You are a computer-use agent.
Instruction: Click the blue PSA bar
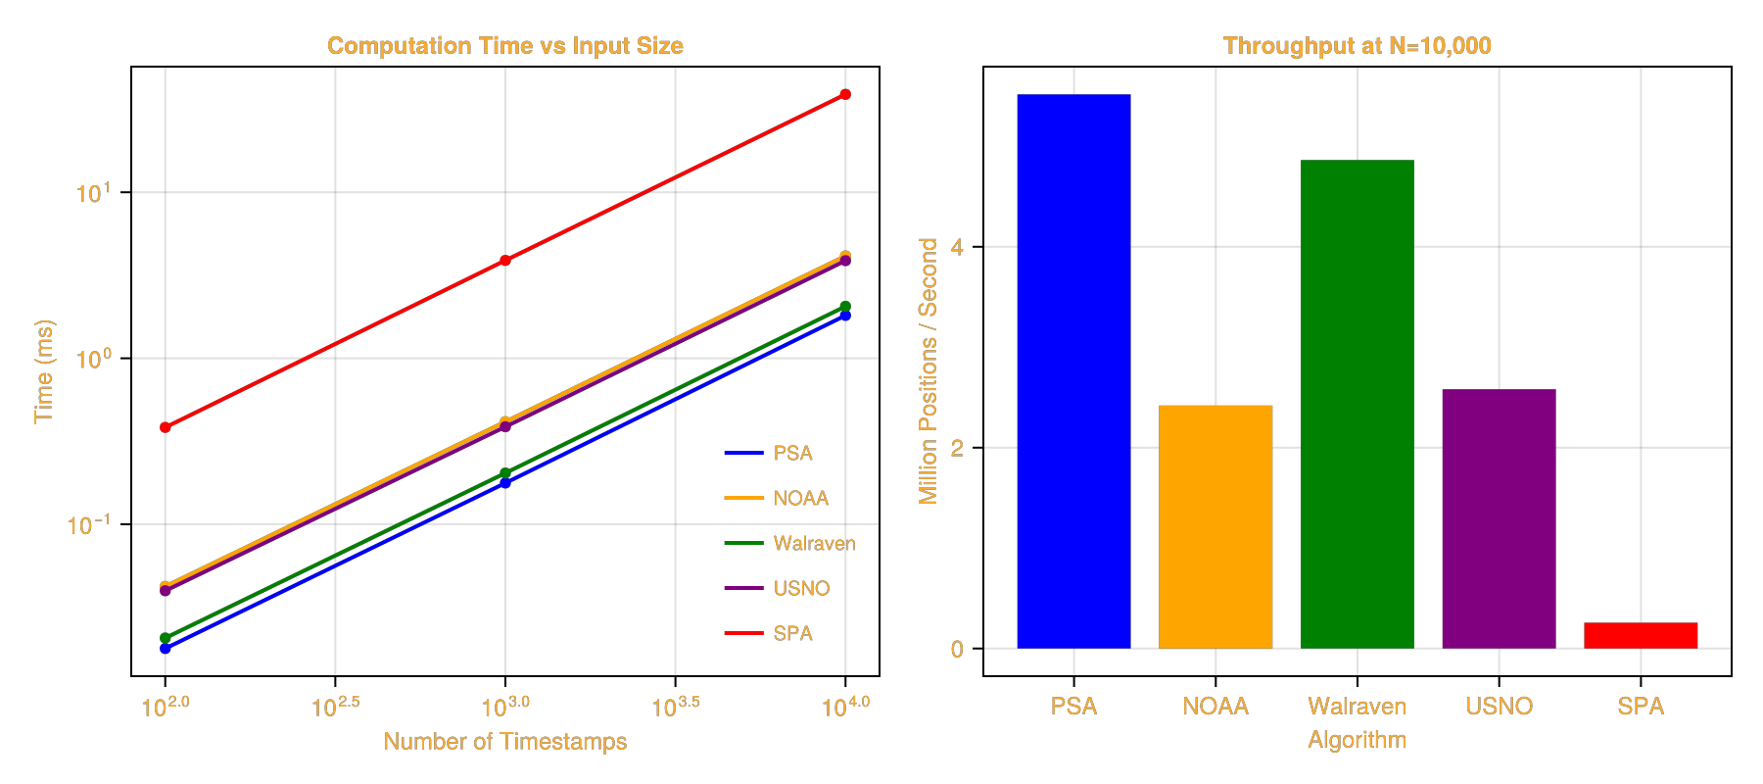click(x=1073, y=372)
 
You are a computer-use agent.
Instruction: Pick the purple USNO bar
click(x=1499, y=519)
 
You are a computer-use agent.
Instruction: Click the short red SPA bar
click(x=1641, y=636)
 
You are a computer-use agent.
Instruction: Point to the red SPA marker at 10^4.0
click(x=845, y=95)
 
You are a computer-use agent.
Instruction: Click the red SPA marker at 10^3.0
click(x=505, y=261)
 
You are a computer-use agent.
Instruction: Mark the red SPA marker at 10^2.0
click(x=166, y=427)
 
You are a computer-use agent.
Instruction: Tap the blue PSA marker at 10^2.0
click(x=166, y=649)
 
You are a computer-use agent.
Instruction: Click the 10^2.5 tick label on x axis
click(x=336, y=707)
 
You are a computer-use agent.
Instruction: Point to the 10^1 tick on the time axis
click(x=93, y=193)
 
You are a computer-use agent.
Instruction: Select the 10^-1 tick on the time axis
click(x=88, y=525)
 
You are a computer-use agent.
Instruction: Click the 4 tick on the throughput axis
click(x=957, y=247)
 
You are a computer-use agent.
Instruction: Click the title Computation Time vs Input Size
click(x=504, y=46)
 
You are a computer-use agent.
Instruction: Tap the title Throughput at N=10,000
click(x=1357, y=46)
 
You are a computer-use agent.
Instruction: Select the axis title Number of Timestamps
click(x=504, y=741)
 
